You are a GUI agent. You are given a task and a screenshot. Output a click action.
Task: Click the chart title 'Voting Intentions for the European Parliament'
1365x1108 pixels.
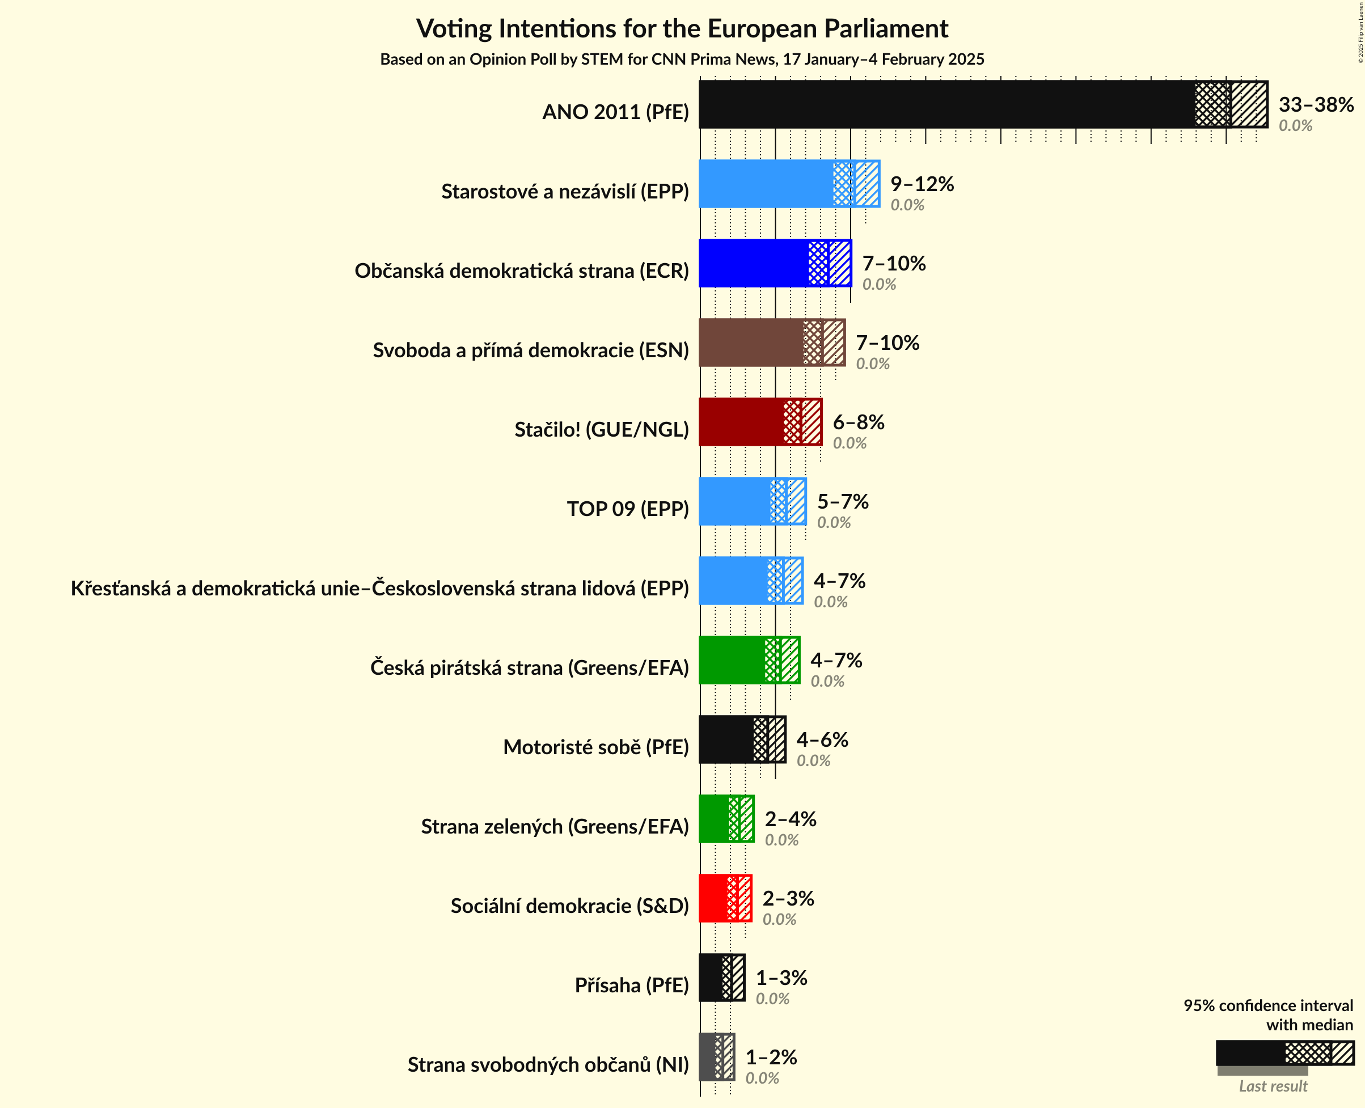[x=682, y=29]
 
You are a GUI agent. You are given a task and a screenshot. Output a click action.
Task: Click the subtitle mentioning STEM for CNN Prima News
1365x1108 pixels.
[x=682, y=60]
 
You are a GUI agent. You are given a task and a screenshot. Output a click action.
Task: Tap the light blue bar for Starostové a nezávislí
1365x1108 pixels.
[x=766, y=184]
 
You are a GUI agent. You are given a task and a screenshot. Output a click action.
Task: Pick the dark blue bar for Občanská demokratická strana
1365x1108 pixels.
[x=754, y=263]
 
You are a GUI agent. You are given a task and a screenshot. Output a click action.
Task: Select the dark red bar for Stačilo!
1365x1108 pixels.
[x=741, y=422]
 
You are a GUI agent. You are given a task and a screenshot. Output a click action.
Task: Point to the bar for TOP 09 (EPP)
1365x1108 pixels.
[x=734, y=502]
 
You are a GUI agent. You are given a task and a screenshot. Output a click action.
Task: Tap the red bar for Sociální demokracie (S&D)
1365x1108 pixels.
[x=713, y=898]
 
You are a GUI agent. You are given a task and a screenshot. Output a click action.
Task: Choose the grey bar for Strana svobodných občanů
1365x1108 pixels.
[x=707, y=1057]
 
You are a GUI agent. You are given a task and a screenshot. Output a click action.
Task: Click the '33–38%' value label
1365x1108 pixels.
[x=1315, y=105]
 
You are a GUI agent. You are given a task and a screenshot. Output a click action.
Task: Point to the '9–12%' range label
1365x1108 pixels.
[x=922, y=184]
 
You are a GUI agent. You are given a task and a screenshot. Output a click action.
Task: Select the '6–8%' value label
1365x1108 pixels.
[x=859, y=422]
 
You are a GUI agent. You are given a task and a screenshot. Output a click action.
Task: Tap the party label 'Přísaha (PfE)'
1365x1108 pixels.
[x=631, y=986]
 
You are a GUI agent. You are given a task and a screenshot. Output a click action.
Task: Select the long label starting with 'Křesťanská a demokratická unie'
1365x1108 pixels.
[x=380, y=589]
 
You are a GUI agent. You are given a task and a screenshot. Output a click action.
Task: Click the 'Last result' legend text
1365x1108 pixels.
[x=1273, y=1086]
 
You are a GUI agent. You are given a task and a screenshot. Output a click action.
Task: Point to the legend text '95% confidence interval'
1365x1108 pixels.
[x=1267, y=1006]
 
